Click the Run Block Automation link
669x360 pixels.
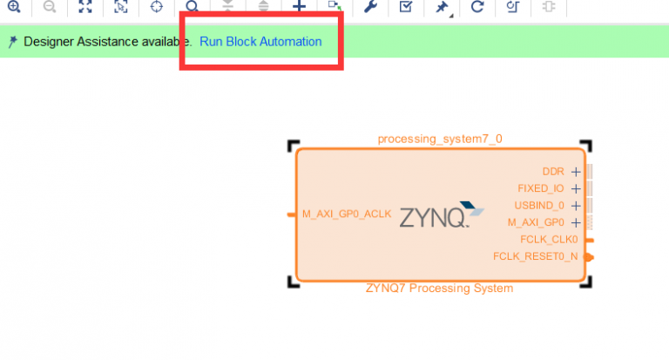[260, 42]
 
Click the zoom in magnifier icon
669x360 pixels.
[13, 7]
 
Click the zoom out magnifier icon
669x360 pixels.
[49, 7]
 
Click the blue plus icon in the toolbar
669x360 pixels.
[299, 7]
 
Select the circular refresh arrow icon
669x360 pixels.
[476, 7]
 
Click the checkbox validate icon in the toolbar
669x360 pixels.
[405, 7]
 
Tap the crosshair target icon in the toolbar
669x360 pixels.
[156, 7]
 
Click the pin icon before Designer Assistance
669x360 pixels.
[12, 42]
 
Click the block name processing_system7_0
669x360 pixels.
[439, 139]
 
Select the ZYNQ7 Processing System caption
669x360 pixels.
[439, 289]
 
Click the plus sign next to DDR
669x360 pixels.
[575, 172]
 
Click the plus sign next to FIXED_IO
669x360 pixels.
[575, 188]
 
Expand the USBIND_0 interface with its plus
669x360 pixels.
[575, 206]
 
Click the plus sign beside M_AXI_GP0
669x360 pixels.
[575, 222]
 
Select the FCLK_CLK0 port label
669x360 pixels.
[549, 239]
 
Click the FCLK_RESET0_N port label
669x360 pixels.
[535, 256]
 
